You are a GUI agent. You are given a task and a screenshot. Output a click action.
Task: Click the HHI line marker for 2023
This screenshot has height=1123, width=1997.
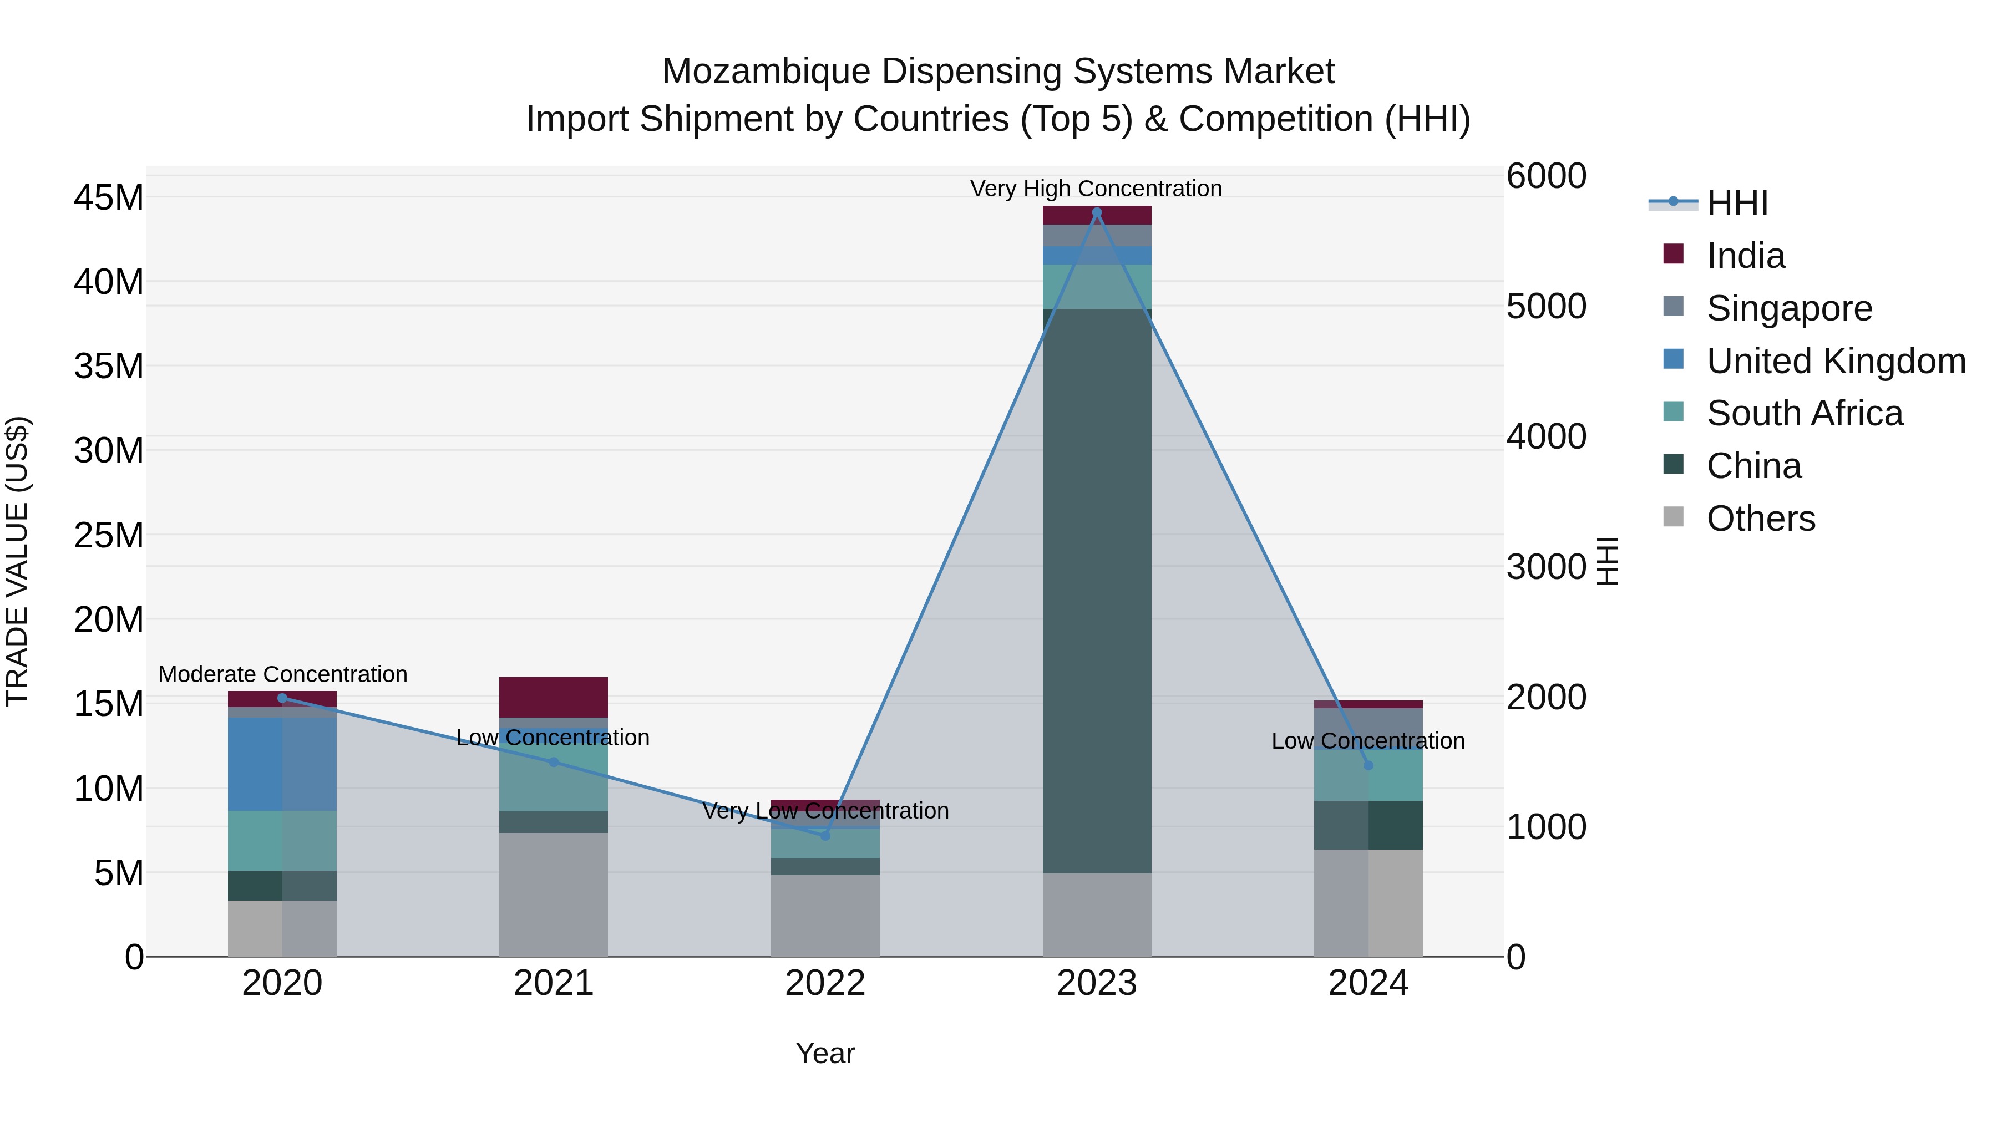click(1096, 212)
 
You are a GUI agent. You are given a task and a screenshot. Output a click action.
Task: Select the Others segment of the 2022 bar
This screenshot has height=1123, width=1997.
click(825, 915)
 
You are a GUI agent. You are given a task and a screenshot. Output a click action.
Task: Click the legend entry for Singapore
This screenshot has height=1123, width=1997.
click(1789, 308)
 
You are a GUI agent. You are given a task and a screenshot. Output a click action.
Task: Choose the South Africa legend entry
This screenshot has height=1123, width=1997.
click(1804, 413)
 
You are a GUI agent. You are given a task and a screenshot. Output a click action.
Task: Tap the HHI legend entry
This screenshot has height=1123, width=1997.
click(1736, 203)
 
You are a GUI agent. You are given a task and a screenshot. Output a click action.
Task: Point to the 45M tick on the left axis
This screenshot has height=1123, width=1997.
click(109, 197)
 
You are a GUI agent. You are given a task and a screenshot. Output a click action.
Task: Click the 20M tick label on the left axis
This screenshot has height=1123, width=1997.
click(109, 619)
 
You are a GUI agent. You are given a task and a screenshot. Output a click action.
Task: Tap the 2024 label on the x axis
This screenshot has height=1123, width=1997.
click(1367, 983)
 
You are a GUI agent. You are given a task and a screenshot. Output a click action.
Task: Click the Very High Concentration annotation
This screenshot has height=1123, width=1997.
click(1096, 189)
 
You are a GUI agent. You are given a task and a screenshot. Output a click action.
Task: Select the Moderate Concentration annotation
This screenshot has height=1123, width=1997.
click(282, 674)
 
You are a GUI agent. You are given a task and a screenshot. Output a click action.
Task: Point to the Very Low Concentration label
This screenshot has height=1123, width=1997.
click(825, 811)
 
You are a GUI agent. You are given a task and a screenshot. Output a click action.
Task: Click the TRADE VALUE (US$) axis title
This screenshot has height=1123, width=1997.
click(18, 561)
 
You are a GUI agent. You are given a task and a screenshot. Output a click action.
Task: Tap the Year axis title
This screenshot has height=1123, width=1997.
click(825, 1053)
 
